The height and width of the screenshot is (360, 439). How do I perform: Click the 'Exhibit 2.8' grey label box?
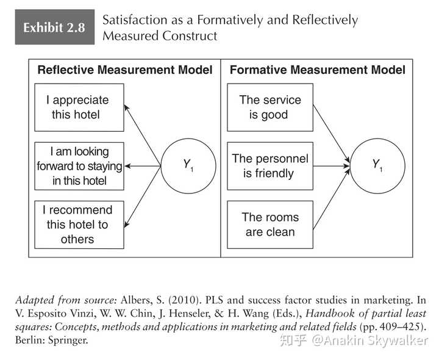tap(55, 27)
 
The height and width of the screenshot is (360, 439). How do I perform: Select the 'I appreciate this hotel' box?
tap(79, 107)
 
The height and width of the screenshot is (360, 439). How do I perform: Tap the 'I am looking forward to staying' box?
tap(79, 166)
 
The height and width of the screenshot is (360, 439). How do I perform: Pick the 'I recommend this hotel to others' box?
tap(79, 225)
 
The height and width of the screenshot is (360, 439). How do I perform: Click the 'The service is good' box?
tap(270, 107)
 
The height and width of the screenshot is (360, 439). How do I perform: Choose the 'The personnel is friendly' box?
tap(270, 166)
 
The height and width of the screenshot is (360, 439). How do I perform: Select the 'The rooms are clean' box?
tap(270, 225)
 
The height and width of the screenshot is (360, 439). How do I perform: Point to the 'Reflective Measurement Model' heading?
tap(125, 70)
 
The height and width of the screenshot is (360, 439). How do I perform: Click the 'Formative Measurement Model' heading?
tap(318, 70)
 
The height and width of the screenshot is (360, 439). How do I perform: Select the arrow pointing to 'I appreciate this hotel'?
tap(142, 135)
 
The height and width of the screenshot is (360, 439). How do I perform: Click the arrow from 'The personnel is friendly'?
tap(332, 166)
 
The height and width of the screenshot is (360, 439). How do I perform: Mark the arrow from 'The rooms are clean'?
tap(332, 199)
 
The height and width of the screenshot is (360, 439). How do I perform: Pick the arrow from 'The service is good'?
tap(332, 134)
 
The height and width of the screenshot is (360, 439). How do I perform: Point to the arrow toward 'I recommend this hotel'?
tap(142, 197)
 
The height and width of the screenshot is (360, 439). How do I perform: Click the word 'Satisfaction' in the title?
tap(135, 20)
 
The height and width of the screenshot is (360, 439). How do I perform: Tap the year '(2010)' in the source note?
tap(185, 300)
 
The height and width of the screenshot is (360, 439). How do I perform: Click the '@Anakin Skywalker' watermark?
tap(370, 340)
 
